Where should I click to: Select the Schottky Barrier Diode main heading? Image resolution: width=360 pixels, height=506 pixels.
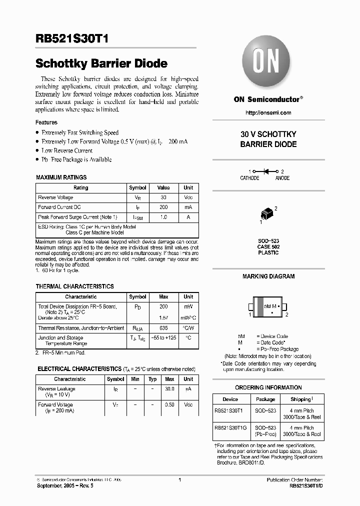click(x=101, y=64)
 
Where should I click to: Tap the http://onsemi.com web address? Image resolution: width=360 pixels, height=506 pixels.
click(x=268, y=112)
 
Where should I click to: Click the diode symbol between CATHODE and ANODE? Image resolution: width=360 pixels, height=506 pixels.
click(x=266, y=171)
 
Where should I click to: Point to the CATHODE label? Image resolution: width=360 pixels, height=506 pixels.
click(x=249, y=178)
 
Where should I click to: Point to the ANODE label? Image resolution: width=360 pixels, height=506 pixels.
click(x=282, y=178)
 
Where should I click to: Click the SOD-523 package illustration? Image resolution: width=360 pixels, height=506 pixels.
click(x=268, y=213)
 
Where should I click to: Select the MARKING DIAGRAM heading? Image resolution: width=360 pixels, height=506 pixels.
click(x=268, y=276)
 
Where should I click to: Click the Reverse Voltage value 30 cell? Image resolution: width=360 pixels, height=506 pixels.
click(x=163, y=197)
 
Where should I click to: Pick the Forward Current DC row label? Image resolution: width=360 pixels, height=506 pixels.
click(x=59, y=207)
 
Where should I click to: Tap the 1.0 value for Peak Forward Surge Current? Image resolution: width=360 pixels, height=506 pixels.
click(x=163, y=217)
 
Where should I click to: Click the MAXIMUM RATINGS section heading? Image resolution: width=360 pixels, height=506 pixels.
click(x=61, y=177)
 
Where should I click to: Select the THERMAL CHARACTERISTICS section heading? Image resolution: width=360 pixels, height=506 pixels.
click(x=74, y=286)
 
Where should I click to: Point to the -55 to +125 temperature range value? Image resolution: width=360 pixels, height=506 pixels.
click(x=163, y=338)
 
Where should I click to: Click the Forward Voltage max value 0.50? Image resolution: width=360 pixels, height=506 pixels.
click(x=169, y=404)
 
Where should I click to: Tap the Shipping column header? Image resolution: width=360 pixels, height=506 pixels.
click(x=302, y=399)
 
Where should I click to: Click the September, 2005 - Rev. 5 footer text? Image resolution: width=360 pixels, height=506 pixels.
click(x=64, y=485)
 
